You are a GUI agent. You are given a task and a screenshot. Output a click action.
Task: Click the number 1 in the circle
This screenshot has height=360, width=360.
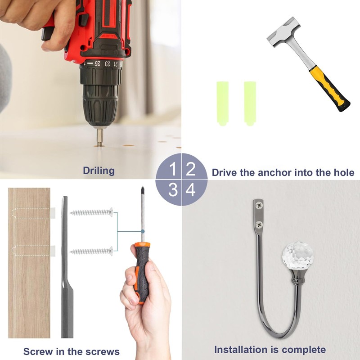coord(173,169)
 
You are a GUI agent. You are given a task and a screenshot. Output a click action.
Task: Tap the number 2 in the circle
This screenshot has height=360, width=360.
coord(190,169)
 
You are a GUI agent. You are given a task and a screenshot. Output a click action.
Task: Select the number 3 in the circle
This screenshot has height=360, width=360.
coord(173,189)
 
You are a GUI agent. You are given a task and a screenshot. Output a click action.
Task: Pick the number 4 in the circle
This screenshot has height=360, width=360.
coord(190,189)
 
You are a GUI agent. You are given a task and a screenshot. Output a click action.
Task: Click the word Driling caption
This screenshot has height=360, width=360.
coord(99,171)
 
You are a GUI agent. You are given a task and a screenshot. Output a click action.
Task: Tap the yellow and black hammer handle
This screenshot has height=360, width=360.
coord(330,88)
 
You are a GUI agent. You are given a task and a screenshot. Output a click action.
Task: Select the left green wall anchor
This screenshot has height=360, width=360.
coord(222,103)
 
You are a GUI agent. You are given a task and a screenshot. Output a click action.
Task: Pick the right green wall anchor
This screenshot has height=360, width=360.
coord(250,103)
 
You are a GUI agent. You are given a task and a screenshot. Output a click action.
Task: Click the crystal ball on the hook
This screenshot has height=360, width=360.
coord(298,255)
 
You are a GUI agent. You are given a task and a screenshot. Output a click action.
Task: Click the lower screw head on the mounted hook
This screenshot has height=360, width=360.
coord(259,224)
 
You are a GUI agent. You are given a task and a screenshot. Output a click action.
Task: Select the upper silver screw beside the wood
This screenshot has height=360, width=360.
coord(91,212)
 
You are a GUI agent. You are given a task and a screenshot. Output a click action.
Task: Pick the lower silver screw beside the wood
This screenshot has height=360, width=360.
coord(91,252)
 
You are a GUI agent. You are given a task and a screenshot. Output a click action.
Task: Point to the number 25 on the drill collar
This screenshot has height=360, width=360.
coord(98,63)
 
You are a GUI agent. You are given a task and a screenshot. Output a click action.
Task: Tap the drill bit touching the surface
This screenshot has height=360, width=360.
coord(99,137)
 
